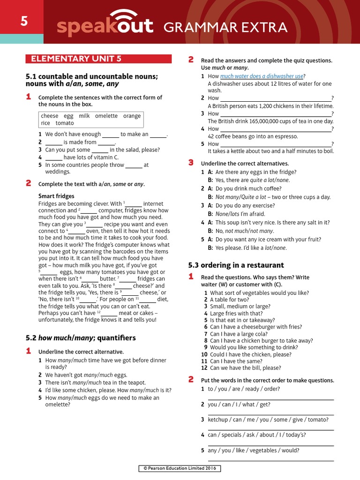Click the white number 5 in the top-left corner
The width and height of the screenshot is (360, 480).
(23, 21)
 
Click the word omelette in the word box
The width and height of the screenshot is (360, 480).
(106, 116)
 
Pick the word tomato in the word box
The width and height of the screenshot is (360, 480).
(65, 123)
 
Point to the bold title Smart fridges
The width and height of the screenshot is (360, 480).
(56, 196)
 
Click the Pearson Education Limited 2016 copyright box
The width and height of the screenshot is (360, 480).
(180, 468)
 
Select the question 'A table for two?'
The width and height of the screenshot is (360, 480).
(229, 300)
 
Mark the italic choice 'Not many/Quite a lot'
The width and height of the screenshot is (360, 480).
(240, 197)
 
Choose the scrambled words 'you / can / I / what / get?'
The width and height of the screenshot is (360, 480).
(239, 404)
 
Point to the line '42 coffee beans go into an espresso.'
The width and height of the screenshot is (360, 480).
(253, 136)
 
